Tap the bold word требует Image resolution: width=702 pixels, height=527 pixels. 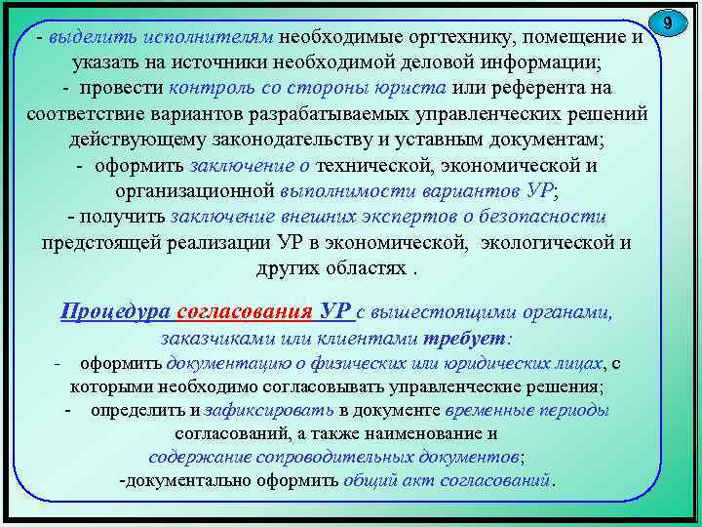click(464, 340)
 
